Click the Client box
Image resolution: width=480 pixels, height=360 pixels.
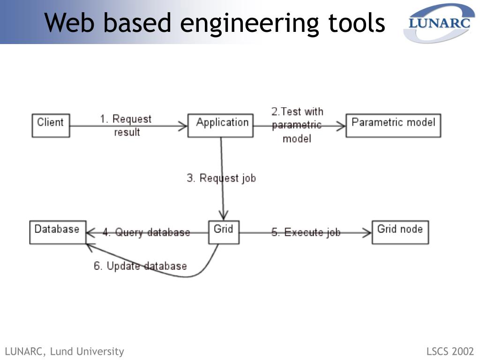click(x=51, y=126)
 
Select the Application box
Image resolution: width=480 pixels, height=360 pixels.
click(x=220, y=126)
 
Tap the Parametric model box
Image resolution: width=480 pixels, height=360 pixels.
click(x=393, y=126)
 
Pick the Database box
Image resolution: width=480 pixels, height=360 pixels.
click(x=58, y=232)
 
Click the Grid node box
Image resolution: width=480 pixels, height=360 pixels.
click(x=400, y=232)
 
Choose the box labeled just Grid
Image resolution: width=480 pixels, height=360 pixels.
click(x=224, y=232)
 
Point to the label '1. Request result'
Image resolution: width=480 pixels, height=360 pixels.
click(x=126, y=126)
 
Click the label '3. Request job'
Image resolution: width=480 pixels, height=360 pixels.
click(x=221, y=178)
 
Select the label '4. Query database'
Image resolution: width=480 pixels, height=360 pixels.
click(x=146, y=232)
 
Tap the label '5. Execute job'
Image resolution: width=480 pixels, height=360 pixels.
click(x=306, y=232)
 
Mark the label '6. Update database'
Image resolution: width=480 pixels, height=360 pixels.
click(x=140, y=266)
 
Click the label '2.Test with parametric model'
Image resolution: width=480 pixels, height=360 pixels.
click(x=297, y=125)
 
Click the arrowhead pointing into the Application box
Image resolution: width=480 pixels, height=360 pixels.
click(x=183, y=126)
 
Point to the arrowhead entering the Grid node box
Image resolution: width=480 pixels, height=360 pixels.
click(x=367, y=232)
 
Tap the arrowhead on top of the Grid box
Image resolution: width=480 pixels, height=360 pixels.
click(x=224, y=216)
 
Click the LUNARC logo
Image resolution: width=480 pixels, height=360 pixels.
click(x=439, y=23)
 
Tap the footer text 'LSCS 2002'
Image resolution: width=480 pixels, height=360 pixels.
click(x=450, y=351)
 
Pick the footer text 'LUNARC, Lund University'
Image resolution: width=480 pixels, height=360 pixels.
click(x=65, y=352)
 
